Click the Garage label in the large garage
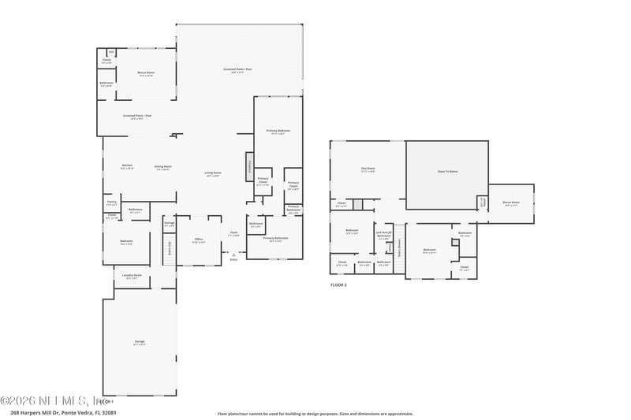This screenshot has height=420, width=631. click(x=139, y=342)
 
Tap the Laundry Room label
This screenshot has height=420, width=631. click(x=132, y=276)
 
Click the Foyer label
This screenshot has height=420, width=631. click(x=233, y=233)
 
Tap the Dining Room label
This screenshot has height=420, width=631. click(x=163, y=167)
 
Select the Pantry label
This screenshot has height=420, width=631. click(x=112, y=203)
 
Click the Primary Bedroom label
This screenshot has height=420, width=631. click(x=278, y=131)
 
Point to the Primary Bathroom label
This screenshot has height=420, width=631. click(x=275, y=239)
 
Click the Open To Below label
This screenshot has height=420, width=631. click(x=447, y=171)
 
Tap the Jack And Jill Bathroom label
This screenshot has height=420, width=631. click(x=383, y=234)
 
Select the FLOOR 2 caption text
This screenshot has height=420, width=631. click(x=338, y=284)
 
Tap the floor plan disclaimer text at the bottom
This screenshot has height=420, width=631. click(x=315, y=413)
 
